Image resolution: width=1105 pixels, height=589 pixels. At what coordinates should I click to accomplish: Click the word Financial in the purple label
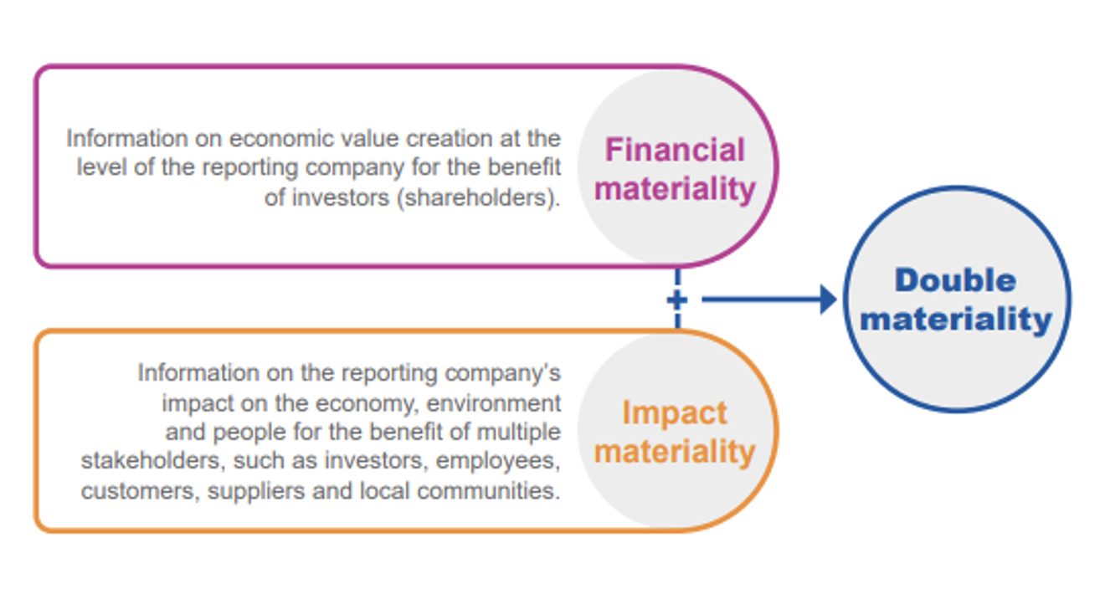675,151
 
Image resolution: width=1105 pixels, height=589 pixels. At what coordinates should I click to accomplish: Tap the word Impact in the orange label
675,413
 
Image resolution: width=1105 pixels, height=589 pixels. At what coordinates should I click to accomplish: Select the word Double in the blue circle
955,280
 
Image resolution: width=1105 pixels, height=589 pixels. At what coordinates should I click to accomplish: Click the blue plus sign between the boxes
676,300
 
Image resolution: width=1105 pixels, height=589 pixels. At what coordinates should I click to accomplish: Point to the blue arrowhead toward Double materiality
828,300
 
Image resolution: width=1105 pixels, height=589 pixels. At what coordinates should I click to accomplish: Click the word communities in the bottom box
489,490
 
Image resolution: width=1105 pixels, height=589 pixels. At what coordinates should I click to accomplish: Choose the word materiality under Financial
675,189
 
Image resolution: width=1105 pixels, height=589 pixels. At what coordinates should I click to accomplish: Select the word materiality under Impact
675,452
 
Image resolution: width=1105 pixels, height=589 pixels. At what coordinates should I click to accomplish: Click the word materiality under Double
955,319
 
